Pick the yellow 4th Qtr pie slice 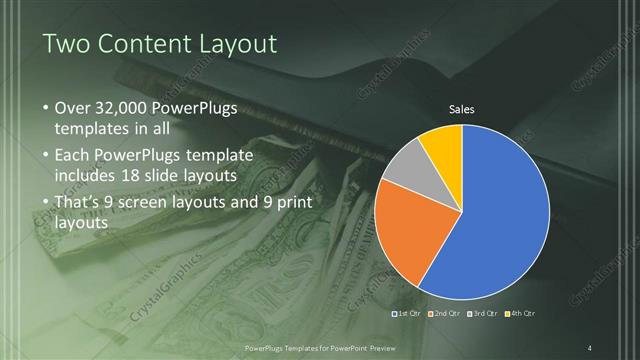tap(440, 142)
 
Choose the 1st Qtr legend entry tap(407, 314)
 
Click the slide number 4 tap(590, 347)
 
